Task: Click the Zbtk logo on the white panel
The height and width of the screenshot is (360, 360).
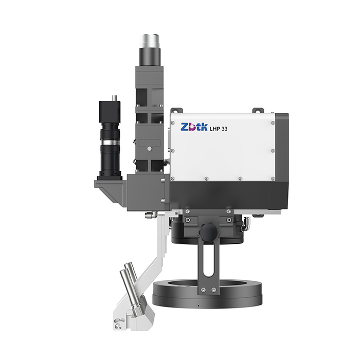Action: [x=194, y=127]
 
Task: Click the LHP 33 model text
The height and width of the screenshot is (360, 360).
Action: [x=218, y=129]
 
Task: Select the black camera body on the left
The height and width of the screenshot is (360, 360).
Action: [x=110, y=112]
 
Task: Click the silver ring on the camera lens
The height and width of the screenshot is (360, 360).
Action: [x=110, y=142]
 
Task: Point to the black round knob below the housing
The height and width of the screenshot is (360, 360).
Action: [x=208, y=231]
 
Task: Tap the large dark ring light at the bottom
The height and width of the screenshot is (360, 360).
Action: [x=207, y=294]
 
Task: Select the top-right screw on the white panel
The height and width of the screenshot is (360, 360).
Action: [x=273, y=123]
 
